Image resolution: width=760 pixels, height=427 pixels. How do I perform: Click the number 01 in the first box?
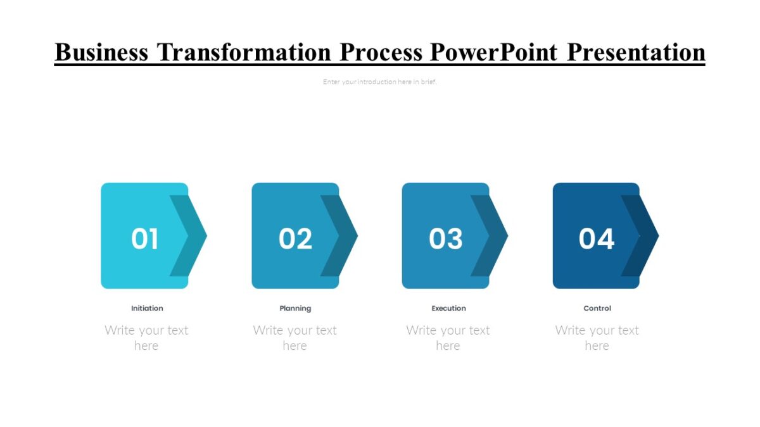(x=144, y=239)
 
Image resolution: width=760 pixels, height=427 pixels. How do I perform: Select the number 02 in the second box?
(x=295, y=239)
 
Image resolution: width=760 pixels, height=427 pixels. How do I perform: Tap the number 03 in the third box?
(x=445, y=239)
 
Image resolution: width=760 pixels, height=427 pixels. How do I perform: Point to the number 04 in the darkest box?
(x=596, y=239)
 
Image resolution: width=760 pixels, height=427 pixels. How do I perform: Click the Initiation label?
(x=147, y=309)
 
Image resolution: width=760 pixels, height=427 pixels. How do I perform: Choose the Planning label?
(x=295, y=309)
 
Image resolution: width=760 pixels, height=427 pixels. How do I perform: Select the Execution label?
(x=448, y=309)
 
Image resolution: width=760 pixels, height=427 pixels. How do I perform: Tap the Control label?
(x=597, y=309)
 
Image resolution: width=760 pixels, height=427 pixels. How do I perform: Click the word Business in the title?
(x=101, y=52)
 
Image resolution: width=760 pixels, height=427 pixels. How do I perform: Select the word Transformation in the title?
(x=244, y=52)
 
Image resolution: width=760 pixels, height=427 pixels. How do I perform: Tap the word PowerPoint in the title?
(x=494, y=52)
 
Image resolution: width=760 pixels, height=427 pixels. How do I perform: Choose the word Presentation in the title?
(x=636, y=52)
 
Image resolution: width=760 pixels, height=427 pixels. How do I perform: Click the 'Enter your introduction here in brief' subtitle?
(x=380, y=82)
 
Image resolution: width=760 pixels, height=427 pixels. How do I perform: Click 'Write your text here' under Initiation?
(x=146, y=338)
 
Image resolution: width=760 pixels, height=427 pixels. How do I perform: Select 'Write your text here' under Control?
(x=597, y=338)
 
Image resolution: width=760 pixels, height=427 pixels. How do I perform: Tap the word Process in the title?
(x=381, y=52)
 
